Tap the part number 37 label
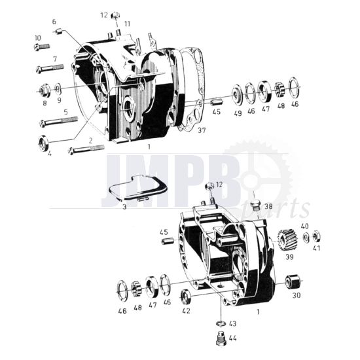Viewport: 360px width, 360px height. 201,130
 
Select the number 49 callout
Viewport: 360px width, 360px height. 237,113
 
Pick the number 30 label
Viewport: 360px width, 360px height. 296,295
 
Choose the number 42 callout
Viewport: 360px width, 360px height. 186,312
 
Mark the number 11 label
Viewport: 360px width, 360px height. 128,24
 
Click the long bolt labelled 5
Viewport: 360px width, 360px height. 59,121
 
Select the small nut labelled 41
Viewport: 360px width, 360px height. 316,235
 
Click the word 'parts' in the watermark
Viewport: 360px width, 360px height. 283,209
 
